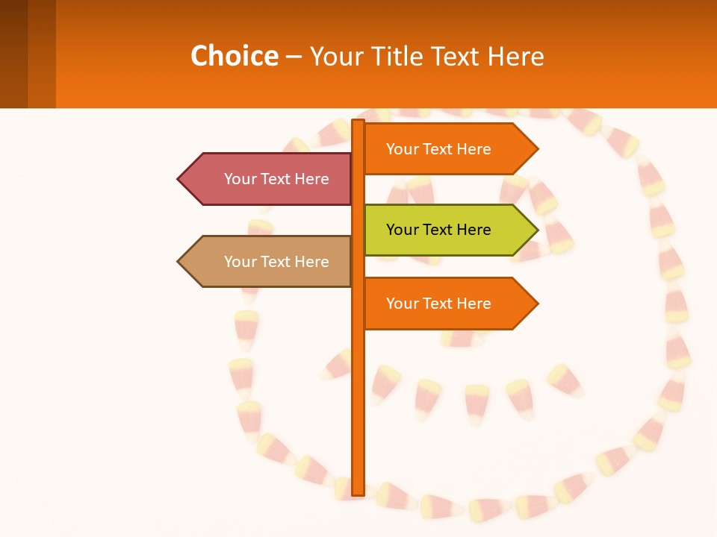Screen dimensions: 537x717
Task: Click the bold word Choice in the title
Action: point(234,56)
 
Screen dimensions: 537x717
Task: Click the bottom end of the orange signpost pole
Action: point(358,492)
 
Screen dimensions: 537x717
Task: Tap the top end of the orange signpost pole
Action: point(358,122)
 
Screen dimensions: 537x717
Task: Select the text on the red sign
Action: point(276,179)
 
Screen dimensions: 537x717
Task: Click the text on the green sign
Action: point(438,230)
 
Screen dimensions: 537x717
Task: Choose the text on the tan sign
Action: point(276,262)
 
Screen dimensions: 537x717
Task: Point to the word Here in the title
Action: point(516,56)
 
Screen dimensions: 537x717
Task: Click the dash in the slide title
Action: point(294,57)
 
